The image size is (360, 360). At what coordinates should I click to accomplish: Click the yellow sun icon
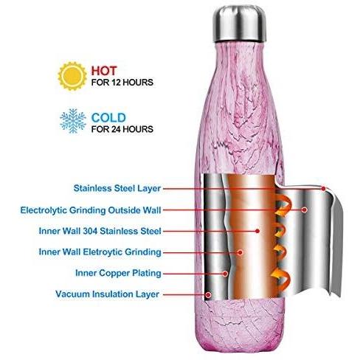[72, 76]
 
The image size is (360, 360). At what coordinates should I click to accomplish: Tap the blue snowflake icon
[73, 121]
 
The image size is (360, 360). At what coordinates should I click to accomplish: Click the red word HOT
[104, 71]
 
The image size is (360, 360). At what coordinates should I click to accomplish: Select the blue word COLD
[108, 118]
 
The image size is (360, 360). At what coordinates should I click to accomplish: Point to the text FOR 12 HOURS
[122, 83]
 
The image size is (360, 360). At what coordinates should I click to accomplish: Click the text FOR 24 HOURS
[122, 129]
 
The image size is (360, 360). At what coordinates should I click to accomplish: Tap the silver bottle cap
[239, 24]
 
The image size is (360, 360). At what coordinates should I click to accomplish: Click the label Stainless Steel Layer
[117, 188]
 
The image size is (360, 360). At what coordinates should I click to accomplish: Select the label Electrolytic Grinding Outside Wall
[91, 210]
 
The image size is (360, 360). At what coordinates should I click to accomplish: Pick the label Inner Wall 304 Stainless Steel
[100, 231]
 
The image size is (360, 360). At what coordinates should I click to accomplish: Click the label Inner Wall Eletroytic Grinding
[100, 252]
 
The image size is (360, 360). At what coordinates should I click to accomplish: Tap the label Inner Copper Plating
[118, 273]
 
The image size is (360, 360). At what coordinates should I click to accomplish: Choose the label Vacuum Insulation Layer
[107, 294]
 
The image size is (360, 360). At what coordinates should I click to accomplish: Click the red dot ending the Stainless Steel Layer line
[323, 189]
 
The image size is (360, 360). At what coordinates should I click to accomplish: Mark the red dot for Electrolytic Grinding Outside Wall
[305, 210]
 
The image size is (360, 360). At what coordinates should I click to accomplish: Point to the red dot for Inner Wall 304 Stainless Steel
[257, 231]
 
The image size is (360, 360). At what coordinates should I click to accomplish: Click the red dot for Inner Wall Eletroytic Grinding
[240, 252]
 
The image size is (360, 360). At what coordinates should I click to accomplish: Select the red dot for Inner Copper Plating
[225, 273]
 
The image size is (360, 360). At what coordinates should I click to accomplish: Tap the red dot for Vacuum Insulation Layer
[209, 294]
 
